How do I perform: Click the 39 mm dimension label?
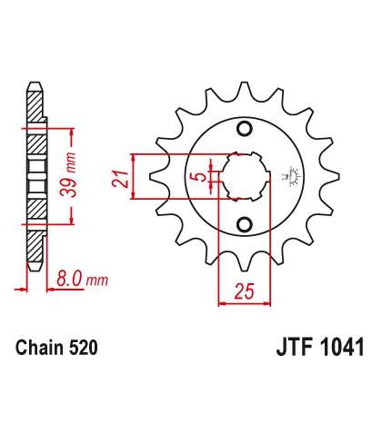click(x=68, y=175)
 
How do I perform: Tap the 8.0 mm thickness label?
click(x=82, y=280)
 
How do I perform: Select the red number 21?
click(x=120, y=179)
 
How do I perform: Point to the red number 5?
click(x=200, y=177)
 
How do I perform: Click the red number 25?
click(x=245, y=292)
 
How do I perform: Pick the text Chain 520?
click(x=56, y=348)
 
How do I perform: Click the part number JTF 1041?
click(x=320, y=348)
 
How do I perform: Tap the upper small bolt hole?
click(x=245, y=129)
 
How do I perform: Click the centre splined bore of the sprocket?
click(x=245, y=177)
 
